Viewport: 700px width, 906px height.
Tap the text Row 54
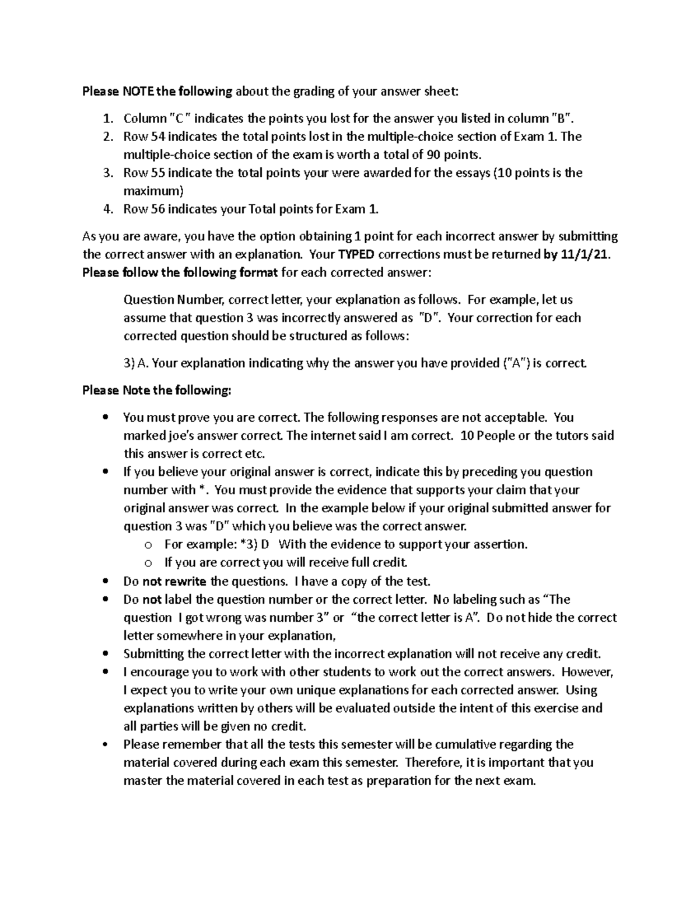(x=144, y=137)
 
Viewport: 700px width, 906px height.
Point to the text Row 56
(x=144, y=209)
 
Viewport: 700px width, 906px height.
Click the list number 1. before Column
(x=107, y=118)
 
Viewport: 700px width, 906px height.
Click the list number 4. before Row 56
(x=107, y=209)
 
